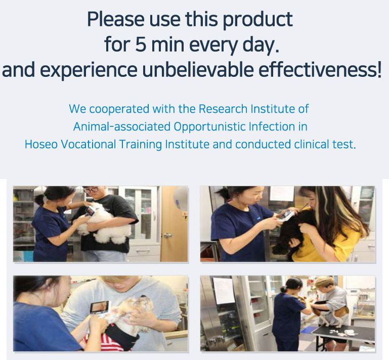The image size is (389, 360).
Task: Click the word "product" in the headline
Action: point(258,20)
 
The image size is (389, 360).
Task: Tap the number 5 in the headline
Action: point(141,44)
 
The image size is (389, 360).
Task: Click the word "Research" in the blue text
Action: point(223,109)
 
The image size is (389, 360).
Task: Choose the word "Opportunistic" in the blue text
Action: point(209,127)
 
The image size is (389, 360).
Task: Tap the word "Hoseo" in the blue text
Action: point(41,144)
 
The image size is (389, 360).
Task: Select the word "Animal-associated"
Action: point(122,126)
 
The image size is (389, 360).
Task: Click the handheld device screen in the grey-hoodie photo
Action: point(99,306)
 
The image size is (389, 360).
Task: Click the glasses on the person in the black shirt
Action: point(91,190)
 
